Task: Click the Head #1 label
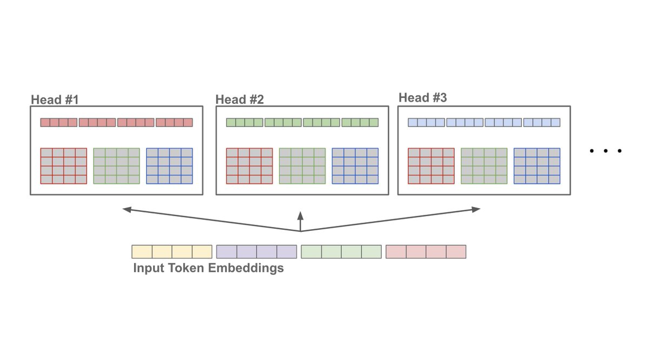coord(55,100)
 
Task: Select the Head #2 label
coord(240,100)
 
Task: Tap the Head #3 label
coord(423,98)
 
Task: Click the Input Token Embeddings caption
coord(208,268)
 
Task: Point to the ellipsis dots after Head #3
coord(606,151)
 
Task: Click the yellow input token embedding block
coord(172,252)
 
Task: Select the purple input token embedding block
coord(256,252)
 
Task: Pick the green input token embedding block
coord(341,252)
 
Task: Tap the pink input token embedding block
coord(426,252)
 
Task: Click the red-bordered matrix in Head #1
coord(64,166)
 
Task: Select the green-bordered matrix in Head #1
coord(116,166)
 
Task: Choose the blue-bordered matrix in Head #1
coord(169,166)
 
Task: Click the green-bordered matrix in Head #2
coord(302,166)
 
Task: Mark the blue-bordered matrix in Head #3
coord(537,166)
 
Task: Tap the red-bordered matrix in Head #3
coord(431,166)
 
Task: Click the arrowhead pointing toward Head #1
coord(127,209)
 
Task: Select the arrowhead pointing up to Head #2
coord(301,215)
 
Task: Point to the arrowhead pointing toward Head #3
coord(476,209)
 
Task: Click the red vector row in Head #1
coord(116,123)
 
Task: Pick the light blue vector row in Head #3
coord(484,123)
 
